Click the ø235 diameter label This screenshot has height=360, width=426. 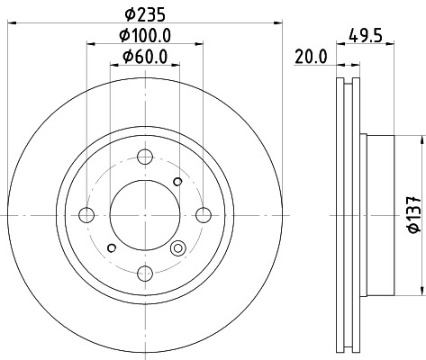click(143, 13)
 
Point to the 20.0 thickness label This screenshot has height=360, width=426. click(310, 57)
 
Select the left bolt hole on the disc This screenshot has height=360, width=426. click(87, 214)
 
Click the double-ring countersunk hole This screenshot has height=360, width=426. click(177, 249)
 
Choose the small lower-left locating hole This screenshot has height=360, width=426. click(111, 247)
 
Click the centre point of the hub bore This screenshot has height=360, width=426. click(145, 214)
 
